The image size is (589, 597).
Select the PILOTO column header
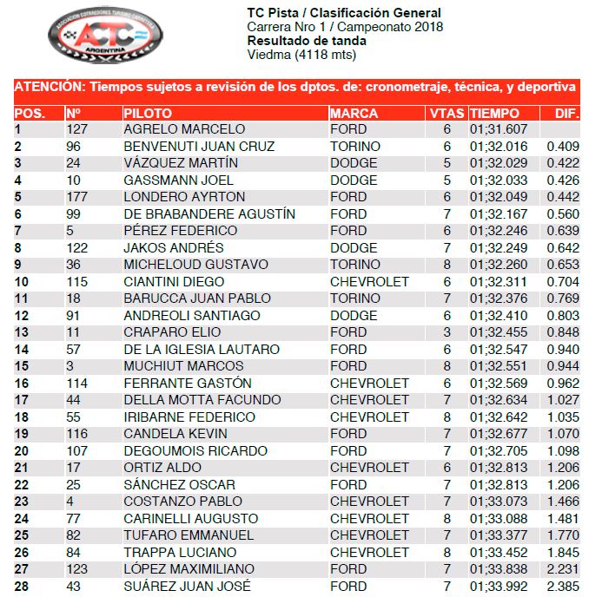(148, 113)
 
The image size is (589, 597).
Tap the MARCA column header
(354, 113)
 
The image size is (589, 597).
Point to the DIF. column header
(566, 113)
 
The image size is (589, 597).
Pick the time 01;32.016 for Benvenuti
(499, 146)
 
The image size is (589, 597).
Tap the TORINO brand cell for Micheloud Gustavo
(354, 264)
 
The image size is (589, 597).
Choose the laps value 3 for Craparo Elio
(447, 331)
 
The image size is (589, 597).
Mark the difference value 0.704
(563, 281)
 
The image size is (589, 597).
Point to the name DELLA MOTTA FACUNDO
(202, 400)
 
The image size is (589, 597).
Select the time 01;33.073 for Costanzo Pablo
(499, 501)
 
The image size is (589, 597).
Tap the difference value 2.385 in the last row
(563, 586)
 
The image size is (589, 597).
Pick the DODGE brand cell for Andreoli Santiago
(354, 315)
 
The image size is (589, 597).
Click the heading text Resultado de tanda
(300, 41)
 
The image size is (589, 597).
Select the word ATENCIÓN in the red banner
(49, 87)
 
